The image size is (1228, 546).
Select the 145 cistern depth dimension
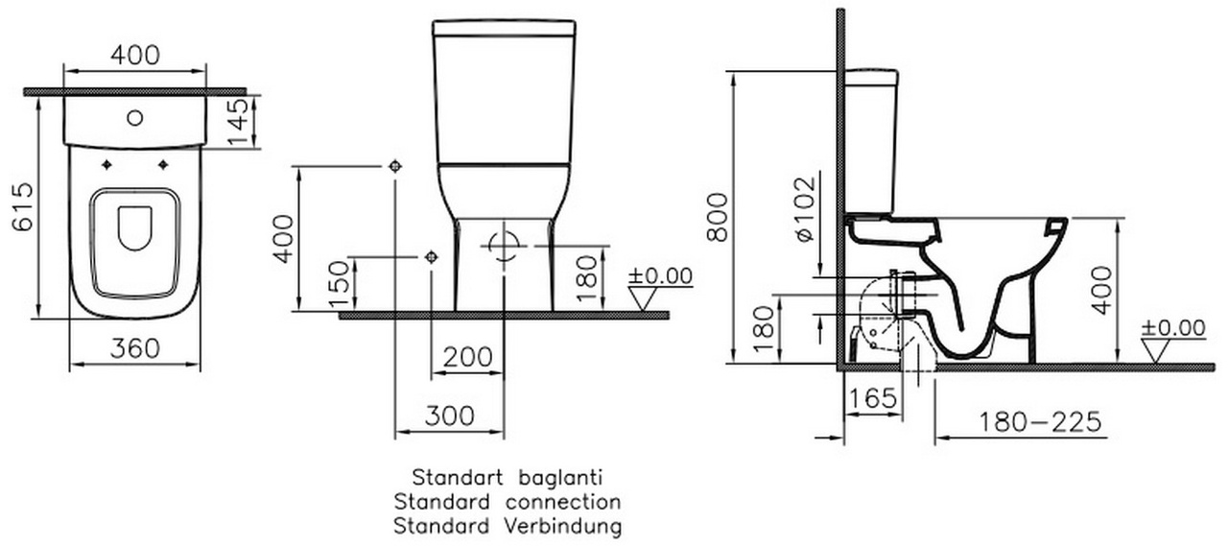[x=239, y=122]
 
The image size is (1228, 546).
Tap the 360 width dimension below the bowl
[x=135, y=348]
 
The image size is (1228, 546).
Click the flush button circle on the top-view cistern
[x=135, y=117]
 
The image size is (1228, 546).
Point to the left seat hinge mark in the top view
[x=106, y=165]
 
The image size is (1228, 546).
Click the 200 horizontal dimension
[x=467, y=357]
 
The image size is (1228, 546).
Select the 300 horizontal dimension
[x=450, y=416]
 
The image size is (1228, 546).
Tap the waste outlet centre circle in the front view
[x=505, y=247]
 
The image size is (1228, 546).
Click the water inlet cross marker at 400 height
[x=395, y=166]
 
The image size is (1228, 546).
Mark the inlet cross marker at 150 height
[x=432, y=256]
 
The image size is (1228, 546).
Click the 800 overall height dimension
[x=717, y=217]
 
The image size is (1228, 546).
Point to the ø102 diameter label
[x=806, y=209]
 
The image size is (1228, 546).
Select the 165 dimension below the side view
[x=873, y=398]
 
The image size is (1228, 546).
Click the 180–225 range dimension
[x=1040, y=421]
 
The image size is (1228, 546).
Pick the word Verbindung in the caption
[x=563, y=526]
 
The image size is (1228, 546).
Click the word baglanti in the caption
[x=560, y=478]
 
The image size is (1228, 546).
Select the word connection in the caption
[x=563, y=502]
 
